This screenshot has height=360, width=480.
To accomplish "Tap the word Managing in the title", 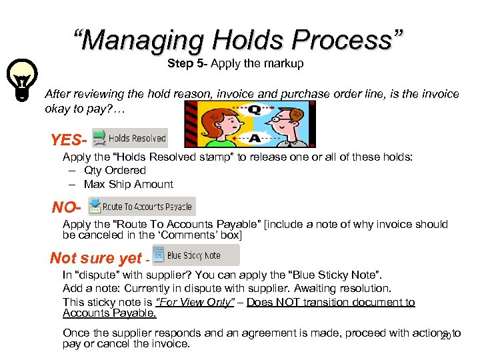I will coord(143,39).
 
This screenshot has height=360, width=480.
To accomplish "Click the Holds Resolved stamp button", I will coord(129,138).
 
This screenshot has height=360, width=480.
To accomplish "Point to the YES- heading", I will coord(69,141).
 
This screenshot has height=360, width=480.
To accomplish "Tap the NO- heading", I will coord(67,207).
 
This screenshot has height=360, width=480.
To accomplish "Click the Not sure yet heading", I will coord(96,258).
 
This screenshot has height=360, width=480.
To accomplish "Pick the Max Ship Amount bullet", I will coord(129,184).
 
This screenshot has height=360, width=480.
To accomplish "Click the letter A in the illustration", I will coord(254,139).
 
